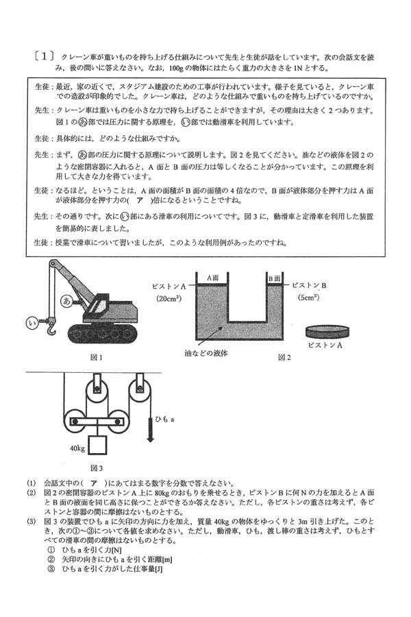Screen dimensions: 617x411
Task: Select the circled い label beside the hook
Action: point(31,322)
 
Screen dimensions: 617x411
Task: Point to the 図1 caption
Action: point(96,357)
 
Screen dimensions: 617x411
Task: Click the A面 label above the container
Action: point(213,278)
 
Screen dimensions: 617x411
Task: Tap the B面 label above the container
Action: point(274,278)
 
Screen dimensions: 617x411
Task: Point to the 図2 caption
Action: point(284,357)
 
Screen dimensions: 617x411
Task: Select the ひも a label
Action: point(166,418)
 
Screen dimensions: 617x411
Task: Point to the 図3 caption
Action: point(96,469)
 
